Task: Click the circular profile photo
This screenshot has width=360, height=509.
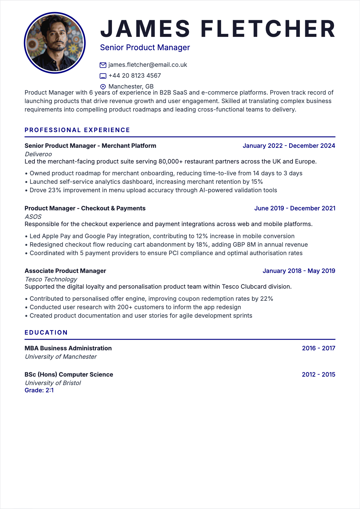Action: point(55,43)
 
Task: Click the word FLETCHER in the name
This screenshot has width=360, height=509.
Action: point(268,29)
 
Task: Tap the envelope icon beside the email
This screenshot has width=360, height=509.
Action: point(103,65)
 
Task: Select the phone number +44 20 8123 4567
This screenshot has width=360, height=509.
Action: point(135,76)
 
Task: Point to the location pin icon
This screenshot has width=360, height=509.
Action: point(103,87)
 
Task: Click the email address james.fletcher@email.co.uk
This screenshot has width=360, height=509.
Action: point(148,65)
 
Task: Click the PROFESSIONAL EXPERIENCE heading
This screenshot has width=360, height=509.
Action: point(77,130)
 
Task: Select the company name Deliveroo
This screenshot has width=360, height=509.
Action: point(38,154)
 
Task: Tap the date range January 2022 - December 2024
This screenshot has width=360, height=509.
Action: point(289,146)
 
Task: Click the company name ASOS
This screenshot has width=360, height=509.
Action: point(33,217)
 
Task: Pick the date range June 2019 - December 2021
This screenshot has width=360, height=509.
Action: point(295,208)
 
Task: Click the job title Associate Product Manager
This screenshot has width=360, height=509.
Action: point(65,271)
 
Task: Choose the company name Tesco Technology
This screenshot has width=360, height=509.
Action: point(51,279)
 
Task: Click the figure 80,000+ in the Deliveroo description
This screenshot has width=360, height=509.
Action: point(171,161)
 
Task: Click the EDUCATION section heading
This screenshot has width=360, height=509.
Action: point(46,332)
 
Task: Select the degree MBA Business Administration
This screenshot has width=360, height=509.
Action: point(68,348)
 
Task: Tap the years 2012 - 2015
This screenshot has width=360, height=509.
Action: point(318,374)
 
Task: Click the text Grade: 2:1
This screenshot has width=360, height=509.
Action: point(39,390)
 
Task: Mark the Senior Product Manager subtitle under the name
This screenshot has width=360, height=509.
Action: point(145,47)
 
